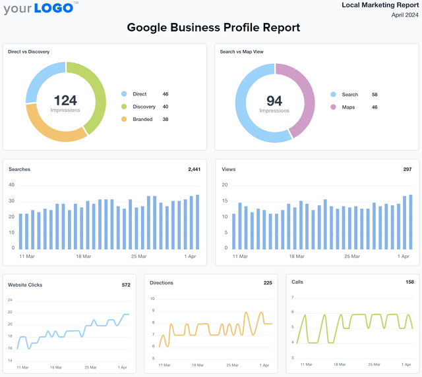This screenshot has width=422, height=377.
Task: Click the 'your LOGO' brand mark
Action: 39,9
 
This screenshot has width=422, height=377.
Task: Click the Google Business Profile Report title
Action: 213,28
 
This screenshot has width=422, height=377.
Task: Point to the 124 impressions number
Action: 65,100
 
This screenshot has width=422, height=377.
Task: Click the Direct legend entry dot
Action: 123,94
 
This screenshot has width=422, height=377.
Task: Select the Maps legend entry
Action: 348,107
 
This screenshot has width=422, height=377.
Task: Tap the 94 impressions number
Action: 274,101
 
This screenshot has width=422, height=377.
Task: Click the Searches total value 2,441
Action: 194,169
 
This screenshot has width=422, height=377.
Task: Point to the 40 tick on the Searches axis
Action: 11,185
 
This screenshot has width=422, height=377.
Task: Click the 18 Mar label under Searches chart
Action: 82,257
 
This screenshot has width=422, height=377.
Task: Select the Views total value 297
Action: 407,169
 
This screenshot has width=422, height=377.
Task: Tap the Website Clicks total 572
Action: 126,285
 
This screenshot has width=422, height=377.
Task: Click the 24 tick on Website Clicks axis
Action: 10,300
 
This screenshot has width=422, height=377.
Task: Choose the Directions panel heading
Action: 162,283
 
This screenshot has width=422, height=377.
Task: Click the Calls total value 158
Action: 409,282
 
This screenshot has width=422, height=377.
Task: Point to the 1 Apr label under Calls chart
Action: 405,364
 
